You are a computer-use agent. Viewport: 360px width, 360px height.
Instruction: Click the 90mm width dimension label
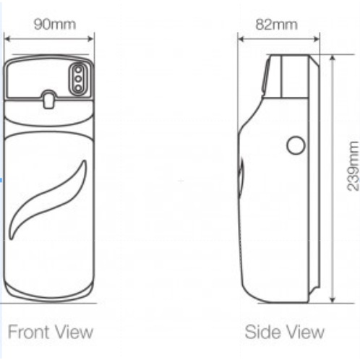[55, 25]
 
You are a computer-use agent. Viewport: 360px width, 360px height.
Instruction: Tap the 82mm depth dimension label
[276, 25]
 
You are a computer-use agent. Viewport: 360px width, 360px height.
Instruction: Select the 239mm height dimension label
[353, 166]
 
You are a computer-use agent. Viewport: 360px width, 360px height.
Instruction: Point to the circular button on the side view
[296, 145]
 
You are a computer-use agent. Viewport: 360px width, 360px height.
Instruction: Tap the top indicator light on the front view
[78, 70]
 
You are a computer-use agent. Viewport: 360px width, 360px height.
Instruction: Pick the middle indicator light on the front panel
[78, 79]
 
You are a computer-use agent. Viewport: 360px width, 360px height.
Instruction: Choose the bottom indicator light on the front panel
[78, 88]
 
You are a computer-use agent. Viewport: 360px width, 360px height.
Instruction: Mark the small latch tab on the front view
[48, 100]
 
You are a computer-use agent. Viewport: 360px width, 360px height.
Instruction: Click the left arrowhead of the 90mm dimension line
[7, 39]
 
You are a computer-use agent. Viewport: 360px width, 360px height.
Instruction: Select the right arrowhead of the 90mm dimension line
[91, 39]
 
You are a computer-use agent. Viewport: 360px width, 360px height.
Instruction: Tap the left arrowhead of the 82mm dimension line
[241, 39]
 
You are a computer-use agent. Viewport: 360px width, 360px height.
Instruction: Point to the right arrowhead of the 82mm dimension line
[317, 39]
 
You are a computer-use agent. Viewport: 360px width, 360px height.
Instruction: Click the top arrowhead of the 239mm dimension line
[333, 59]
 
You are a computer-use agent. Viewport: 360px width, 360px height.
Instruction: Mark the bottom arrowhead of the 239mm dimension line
[333, 299]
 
